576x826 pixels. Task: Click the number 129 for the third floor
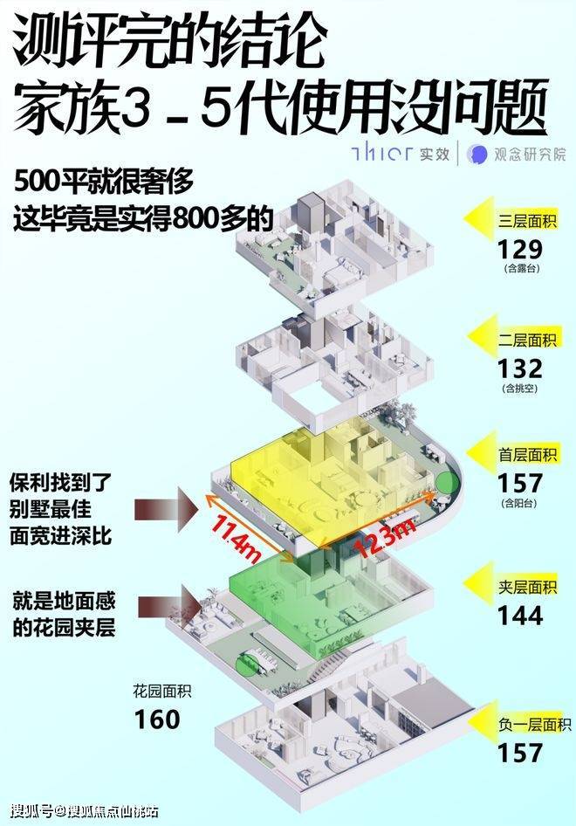[x=519, y=250]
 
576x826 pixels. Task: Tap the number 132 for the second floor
[x=519, y=368]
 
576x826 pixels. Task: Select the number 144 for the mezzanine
[x=519, y=616]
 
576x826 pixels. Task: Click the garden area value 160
[x=157, y=719]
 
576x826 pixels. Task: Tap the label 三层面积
[x=527, y=220]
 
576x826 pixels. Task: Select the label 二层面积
[x=527, y=340]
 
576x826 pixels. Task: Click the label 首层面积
[x=527, y=454]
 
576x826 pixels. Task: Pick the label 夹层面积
[x=527, y=586]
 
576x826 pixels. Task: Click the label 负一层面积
[x=534, y=725]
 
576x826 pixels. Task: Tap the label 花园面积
[x=162, y=691]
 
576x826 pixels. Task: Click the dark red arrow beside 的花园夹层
[x=169, y=607]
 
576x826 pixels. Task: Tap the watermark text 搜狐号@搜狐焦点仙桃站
[x=85, y=810]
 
